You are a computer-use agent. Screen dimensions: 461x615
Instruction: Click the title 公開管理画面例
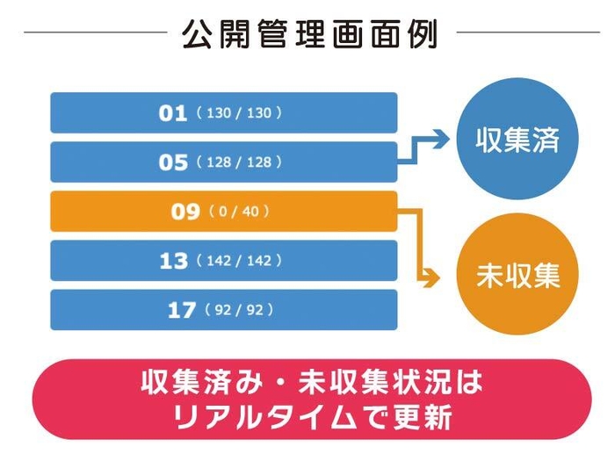(x=307, y=34)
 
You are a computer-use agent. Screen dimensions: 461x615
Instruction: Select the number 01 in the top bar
(x=173, y=113)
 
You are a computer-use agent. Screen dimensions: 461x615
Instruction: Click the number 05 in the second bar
(x=173, y=162)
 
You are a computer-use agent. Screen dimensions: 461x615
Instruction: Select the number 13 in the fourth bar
(x=173, y=261)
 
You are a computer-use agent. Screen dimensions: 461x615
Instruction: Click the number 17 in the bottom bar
(x=181, y=310)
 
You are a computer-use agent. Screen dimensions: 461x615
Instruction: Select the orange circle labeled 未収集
(x=517, y=275)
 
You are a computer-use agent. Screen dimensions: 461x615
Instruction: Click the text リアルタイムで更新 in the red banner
(x=312, y=416)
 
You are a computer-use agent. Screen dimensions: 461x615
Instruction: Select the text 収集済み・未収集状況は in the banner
(x=312, y=384)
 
